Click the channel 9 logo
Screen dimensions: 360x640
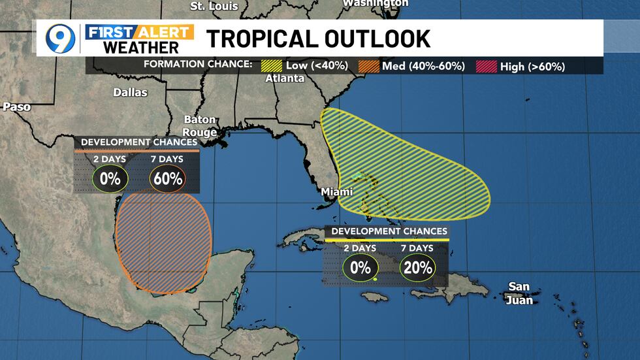[60, 38]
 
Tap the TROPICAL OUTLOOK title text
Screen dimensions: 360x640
[318, 39]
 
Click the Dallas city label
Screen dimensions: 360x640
[130, 92]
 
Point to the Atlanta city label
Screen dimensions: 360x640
[285, 78]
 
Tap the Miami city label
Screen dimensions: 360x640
[336, 192]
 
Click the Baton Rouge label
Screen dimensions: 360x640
[200, 126]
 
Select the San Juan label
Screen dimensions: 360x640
[520, 294]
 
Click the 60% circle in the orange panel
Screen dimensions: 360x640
[168, 178]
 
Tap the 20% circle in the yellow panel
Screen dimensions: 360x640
[418, 267]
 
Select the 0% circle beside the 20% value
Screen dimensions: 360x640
[360, 267]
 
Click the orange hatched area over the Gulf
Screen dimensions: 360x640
[163, 242]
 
